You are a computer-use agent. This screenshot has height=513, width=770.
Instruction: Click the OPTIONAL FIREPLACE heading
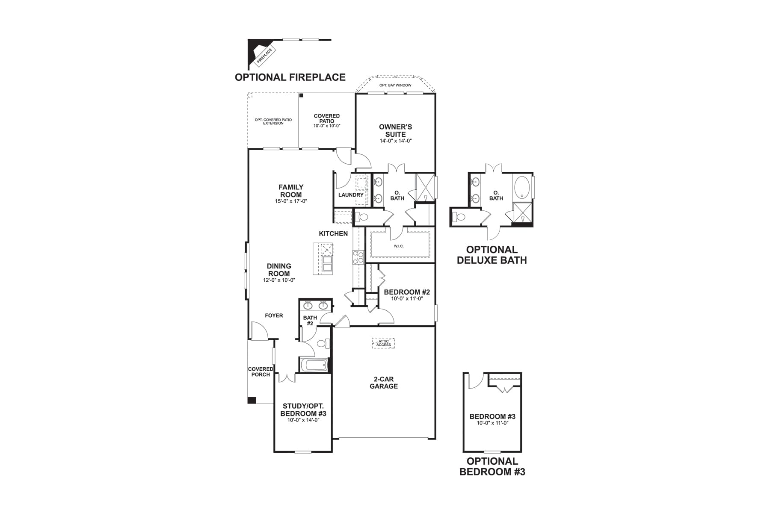coord(290,77)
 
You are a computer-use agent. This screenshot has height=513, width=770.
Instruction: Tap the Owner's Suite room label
coord(395,130)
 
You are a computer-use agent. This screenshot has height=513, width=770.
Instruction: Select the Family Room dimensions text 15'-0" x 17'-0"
coord(291,201)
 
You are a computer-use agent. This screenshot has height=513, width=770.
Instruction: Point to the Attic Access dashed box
coord(383,343)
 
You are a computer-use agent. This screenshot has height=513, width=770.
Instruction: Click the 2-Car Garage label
coord(384,383)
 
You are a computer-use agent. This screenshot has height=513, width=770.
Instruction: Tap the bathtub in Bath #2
coord(314,365)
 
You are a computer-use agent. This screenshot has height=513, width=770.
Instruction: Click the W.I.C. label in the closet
coord(399,246)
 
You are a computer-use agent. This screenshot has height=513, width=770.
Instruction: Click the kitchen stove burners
coord(358,256)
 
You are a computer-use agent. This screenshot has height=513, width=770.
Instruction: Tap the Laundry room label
coord(351,195)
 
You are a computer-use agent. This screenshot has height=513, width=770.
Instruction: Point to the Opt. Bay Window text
coord(395,85)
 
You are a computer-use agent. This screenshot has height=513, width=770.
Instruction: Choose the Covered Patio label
coord(327,118)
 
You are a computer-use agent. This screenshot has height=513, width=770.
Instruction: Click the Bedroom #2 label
coord(407,292)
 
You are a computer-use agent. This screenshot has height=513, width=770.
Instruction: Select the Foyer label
coord(274,315)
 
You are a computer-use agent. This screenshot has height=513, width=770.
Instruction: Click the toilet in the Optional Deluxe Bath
coord(459,217)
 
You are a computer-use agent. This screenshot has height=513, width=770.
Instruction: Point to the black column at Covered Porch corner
coord(252,400)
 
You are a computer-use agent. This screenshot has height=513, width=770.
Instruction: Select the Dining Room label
coord(279,270)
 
